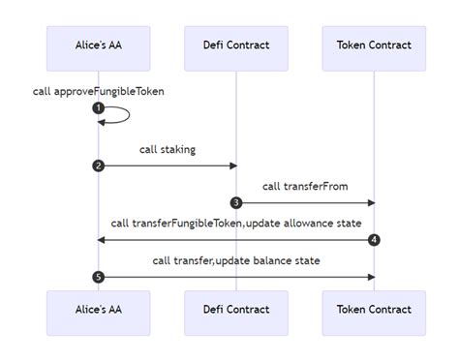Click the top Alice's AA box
point(98,45)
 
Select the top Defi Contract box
point(235,45)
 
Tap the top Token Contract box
point(374,45)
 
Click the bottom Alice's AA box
point(98,310)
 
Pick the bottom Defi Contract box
point(235,310)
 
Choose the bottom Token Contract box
point(374,310)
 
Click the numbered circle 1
point(98,107)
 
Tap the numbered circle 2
point(98,165)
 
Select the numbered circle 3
point(235,202)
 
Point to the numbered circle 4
point(374,239)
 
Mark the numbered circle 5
point(98,277)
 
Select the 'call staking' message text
point(167,150)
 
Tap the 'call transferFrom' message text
point(304,187)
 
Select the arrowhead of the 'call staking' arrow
point(232,165)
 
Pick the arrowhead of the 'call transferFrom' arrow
point(371,202)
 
